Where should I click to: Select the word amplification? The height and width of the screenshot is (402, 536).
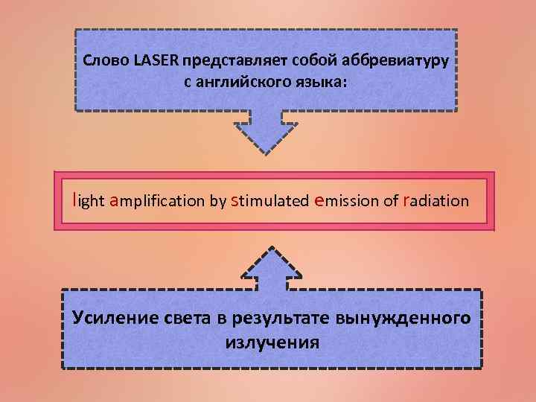[x=157, y=200]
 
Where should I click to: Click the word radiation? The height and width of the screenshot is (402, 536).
[x=435, y=200]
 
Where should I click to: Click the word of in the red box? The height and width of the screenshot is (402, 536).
[x=392, y=200]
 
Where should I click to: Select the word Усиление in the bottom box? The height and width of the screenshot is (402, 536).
[x=112, y=319]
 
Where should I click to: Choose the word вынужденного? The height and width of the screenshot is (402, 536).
[x=403, y=319]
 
